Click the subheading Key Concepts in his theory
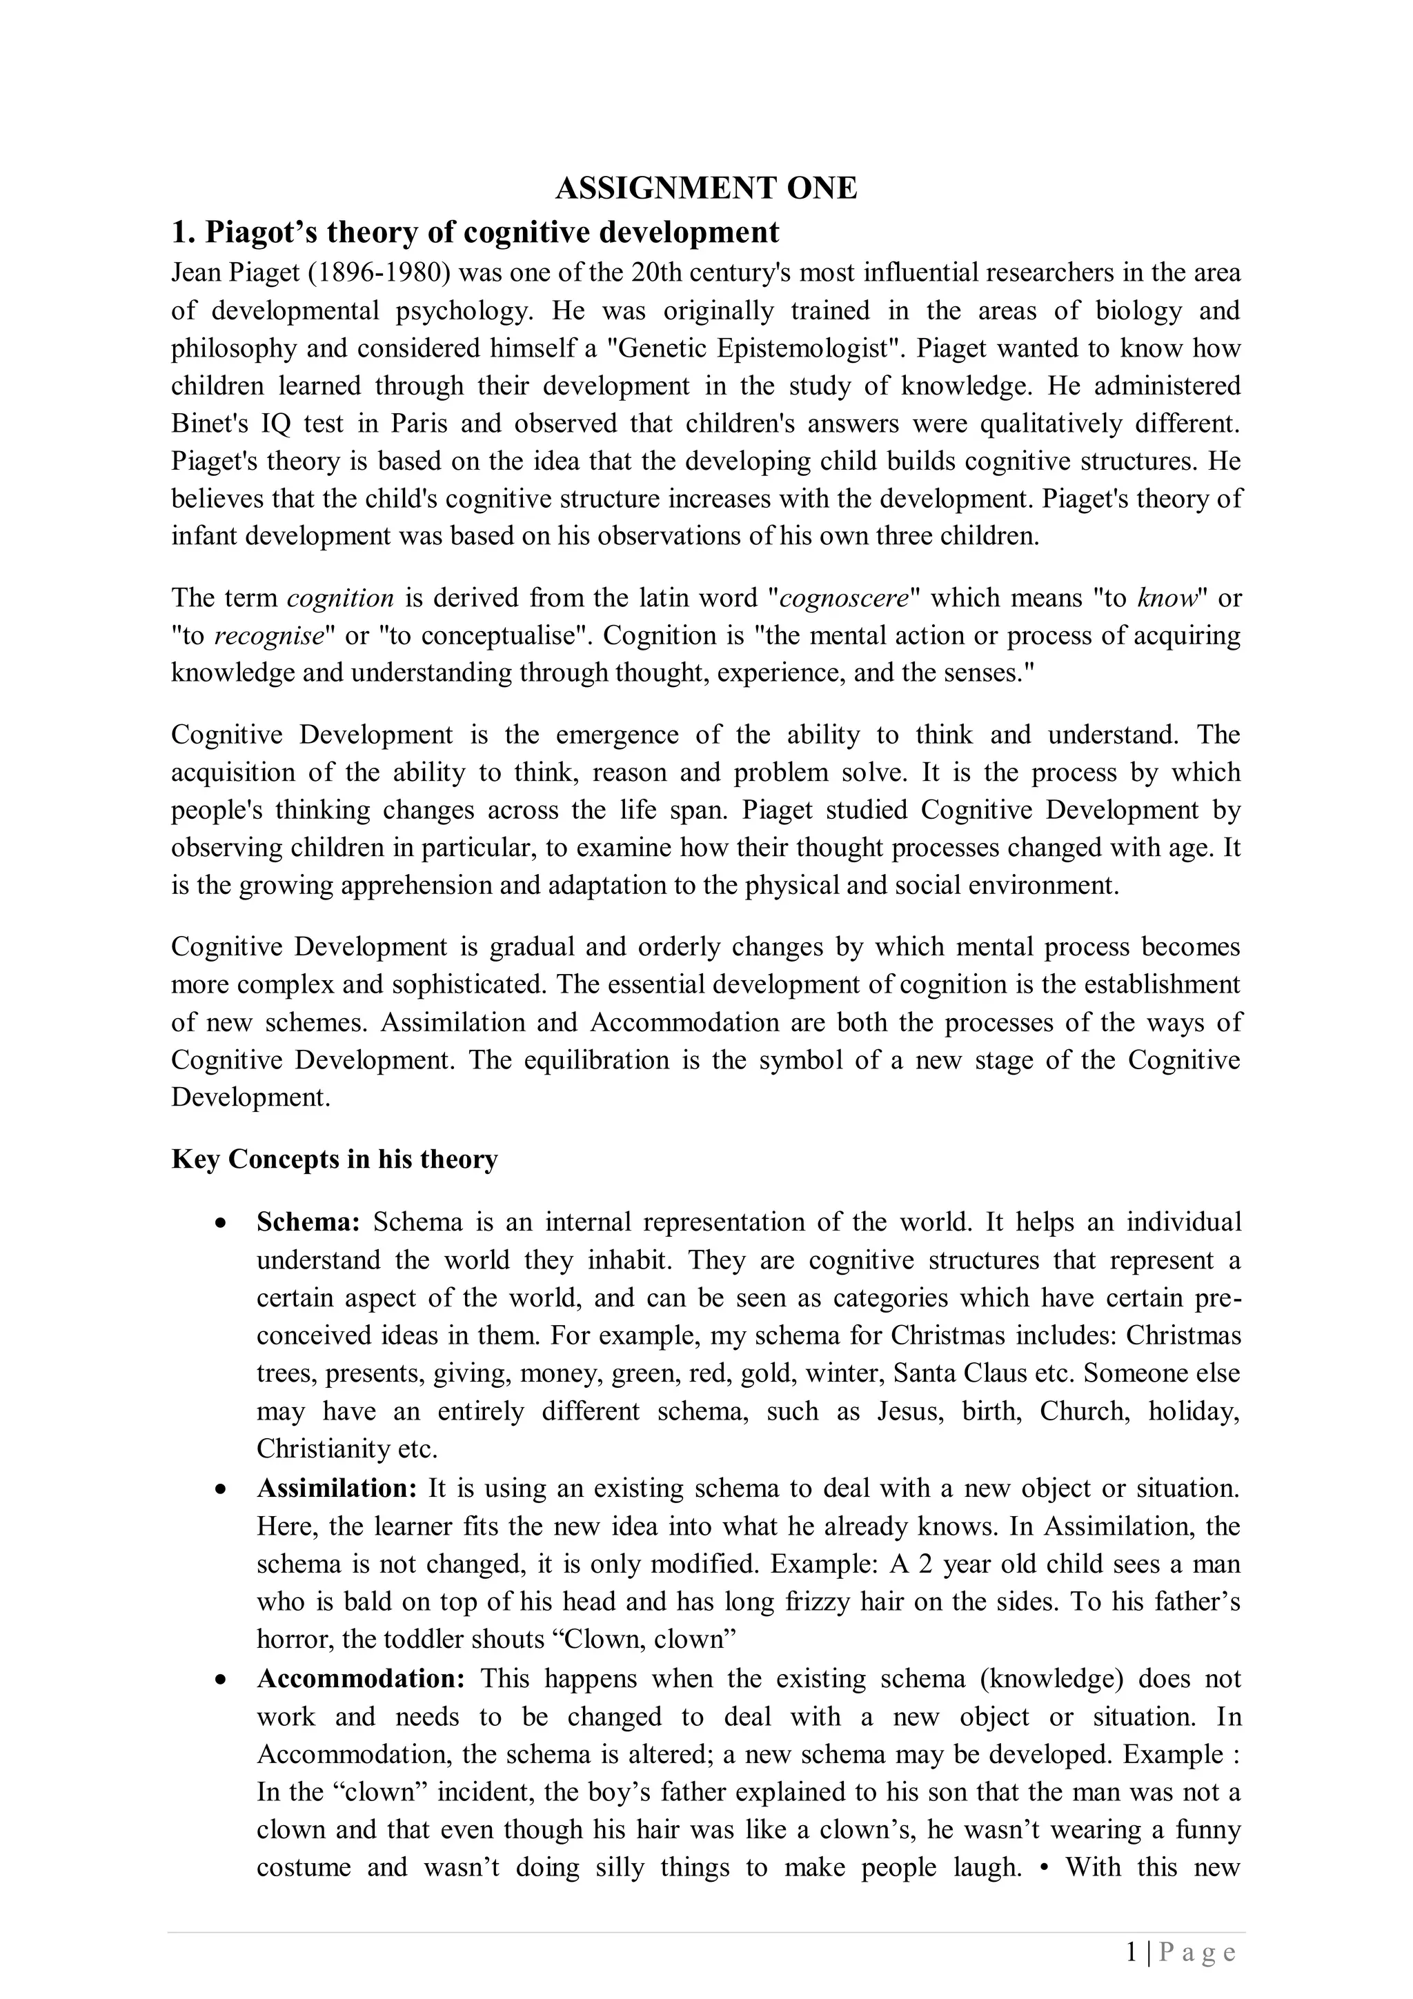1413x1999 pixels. [335, 1159]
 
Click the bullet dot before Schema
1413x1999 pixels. [221, 1223]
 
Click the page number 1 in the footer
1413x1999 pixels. [1131, 1952]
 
